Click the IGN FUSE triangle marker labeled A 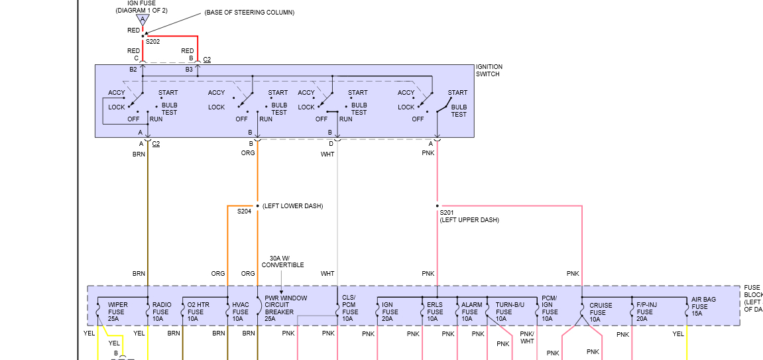click(142, 20)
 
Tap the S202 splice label click(153, 41)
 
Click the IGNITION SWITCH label click(489, 70)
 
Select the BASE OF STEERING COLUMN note click(249, 13)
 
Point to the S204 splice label click(245, 211)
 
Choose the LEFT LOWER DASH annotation click(292, 206)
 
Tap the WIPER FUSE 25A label click(117, 312)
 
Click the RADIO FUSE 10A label click(161, 312)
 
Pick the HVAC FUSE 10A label click(240, 312)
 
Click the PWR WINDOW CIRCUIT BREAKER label click(286, 308)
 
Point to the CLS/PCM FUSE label click(350, 308)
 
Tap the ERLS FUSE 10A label click(435, 312)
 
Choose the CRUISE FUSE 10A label click(601, 312)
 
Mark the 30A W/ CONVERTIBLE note click(282, 261)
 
